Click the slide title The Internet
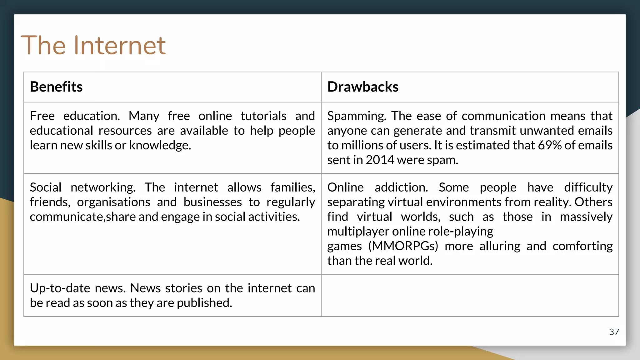93,45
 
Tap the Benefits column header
56,87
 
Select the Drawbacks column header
363,87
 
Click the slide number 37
614,332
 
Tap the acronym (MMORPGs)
403,246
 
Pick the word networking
103,187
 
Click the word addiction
401,187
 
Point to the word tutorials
263,116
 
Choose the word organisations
113,202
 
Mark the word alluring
500,246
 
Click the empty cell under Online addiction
470,295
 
